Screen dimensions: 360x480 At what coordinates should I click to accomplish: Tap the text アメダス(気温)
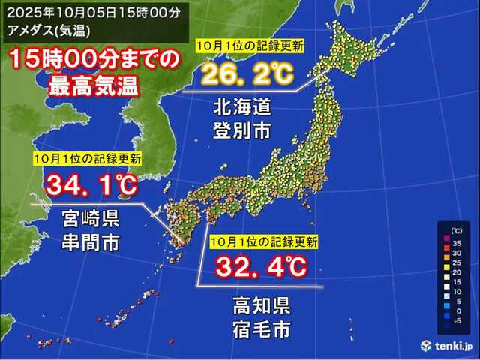tap(45, 29)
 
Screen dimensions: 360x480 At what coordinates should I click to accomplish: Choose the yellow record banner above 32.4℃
tap(263, 241)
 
